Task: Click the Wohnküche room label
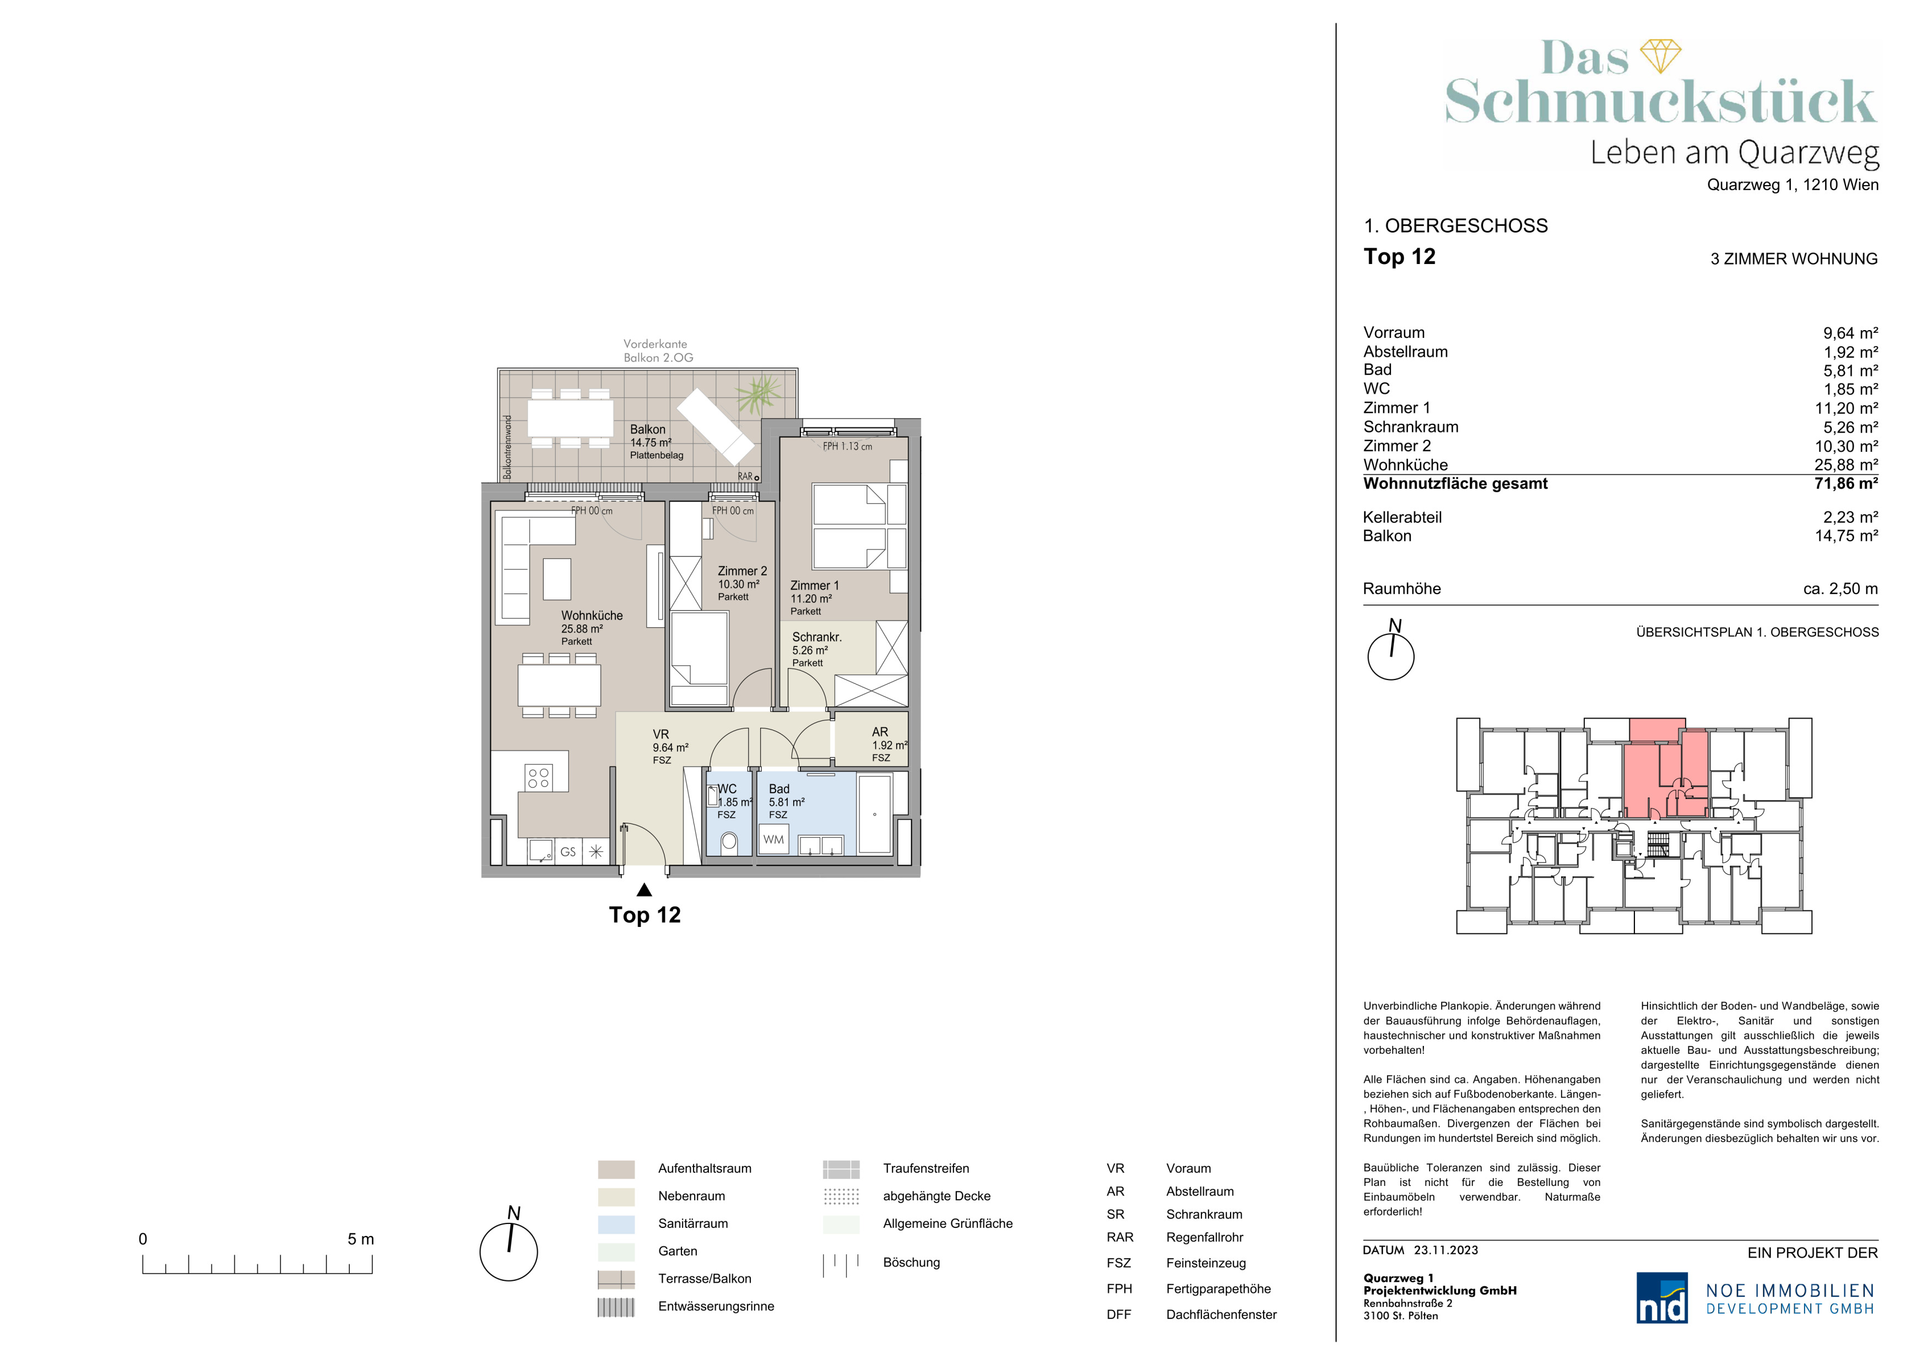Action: (x=592, y=616)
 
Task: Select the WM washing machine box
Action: (x=773, y=839)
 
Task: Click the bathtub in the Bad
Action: (x=875, y=814)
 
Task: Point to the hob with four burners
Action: (x=538, y=778)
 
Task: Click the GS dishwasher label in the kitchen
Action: (x=568, y=851)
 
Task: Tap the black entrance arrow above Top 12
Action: (x=644, y=889)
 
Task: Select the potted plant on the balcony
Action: (x=760, y=394)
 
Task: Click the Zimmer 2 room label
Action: (x=743, y=571)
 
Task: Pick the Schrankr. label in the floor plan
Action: (x=817, y=638)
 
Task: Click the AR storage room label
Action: (x=880, y=732)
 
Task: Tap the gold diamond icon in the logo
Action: (x=1660, y=56)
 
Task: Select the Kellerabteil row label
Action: (x=1402, y=517)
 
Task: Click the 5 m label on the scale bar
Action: (x=361, y=1239)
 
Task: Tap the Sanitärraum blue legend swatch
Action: (x=616, y=1223)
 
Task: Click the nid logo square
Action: (x=1662, y=1298)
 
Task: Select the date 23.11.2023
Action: (x=1446, y=1250)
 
